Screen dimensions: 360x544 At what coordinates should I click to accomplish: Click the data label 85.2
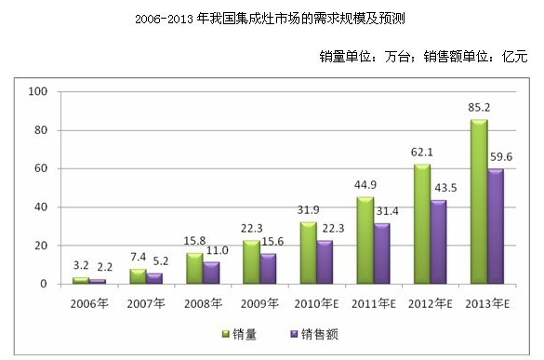pos(478,109)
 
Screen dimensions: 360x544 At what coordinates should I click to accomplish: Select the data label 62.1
pos(422,153)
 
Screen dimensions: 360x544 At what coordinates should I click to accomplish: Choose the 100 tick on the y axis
pos(38,92)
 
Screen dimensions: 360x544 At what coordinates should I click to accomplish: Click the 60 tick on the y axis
pos(40,168)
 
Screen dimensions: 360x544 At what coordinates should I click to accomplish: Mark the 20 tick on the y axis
pos(40,246)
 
